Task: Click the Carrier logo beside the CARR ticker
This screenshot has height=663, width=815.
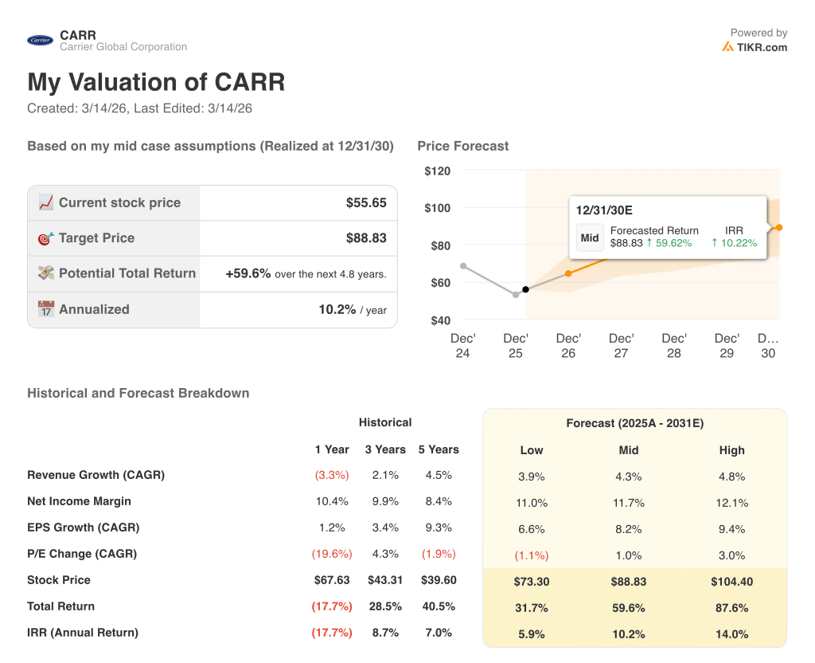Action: coord(40,41)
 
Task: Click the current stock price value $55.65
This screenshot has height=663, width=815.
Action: coord(366,203)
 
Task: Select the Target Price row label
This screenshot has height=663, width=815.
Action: coord(96,238)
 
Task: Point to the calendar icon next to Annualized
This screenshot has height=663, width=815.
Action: coord(46,309)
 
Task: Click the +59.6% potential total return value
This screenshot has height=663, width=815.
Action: coord(248,273)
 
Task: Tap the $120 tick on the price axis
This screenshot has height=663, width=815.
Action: coord(437,171)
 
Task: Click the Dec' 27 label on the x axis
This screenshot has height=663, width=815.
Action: coord(621,346)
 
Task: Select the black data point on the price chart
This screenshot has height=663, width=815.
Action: coord(525,289)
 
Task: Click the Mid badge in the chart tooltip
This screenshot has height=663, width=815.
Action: coord(590,237)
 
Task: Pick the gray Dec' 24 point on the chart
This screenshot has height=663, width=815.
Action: coord(463,266)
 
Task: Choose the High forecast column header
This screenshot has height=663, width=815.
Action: coord(731,450)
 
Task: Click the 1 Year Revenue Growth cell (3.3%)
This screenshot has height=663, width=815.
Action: coord(332,475)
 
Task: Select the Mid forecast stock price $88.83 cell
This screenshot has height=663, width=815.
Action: coord(629,582)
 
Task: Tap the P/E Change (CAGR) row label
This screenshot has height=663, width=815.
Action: coord(82,554)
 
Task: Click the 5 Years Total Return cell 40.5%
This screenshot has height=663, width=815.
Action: coord(439,606)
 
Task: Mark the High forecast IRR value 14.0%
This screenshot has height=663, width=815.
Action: coord(731,634)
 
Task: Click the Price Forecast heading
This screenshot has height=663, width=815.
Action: coord(462,146)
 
